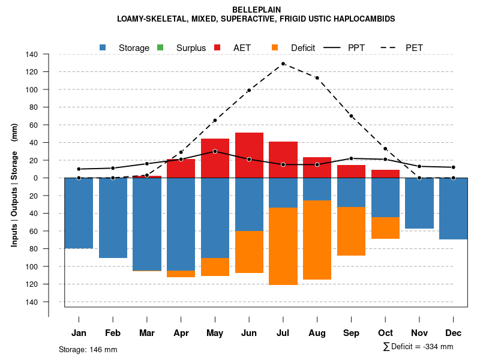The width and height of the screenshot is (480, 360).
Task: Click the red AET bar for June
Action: click(x=249, y=155)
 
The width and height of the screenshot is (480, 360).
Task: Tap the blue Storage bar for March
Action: click(x=147, y=224)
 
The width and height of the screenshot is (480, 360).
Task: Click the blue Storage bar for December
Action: click(x=453, y=209)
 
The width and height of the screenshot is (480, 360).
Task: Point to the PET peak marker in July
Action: click(x=283, y=64)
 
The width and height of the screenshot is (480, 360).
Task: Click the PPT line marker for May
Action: click(x=215, y=151)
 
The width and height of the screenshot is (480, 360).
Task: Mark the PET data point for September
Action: click(x=351, y=116)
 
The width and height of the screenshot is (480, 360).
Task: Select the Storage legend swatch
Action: click(x=103, y=47)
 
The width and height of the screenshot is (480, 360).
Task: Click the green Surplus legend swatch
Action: click(x=160, y=47)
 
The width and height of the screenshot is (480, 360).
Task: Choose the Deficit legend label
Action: click(x=303, y=47)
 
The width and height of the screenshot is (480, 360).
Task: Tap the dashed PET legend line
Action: click(x=391, y=47)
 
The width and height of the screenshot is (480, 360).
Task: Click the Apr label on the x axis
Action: click(x=181, y=333)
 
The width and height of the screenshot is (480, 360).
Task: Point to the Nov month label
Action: click(x=419, y=333)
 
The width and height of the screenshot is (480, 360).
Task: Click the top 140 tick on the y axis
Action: click(x=32, y=55)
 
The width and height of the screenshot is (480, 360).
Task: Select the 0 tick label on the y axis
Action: click(x=36, y=178)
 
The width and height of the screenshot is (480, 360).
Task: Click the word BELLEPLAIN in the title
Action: click(x=256, y=10)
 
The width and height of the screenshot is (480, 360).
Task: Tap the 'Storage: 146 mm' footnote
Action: click(x=88, y=349)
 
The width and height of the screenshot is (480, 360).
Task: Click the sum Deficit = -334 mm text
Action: click(x=418, y=347)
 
